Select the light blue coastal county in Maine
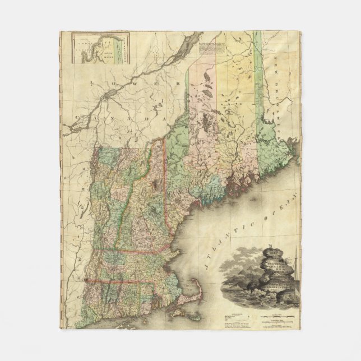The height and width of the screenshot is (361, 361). [216, 193]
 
